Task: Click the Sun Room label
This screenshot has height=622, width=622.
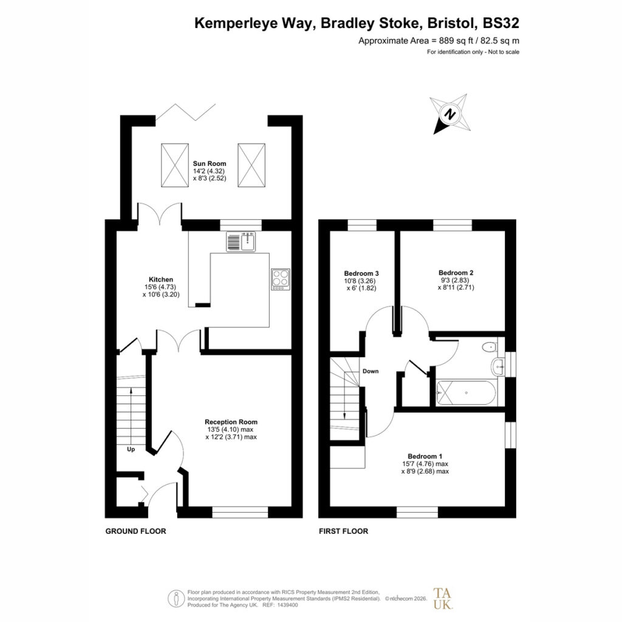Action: pyautogui.click(x=210, y=163)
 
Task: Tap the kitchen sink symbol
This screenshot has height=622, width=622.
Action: pyautogui.click(x=241, y=242)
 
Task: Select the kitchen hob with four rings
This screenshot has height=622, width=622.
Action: pyautogui.click(x=281, y=279)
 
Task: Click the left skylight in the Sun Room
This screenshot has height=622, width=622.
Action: pyautogui.click(x=174, y=165)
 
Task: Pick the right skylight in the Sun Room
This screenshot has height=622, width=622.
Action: pyautogui.click(x=251, y=165)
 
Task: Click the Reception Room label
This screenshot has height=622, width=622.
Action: pyautogui.click(x=231, y=422)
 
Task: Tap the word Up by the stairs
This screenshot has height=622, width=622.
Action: pyautogui.click(x=131, y=449)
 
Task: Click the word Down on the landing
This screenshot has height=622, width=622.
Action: pyautogui.click(x=371, y=371)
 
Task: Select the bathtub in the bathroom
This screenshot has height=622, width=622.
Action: pyautogui.click(x=466, y=393)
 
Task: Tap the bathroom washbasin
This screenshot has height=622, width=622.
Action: pyautogui.click(x=497, y=367)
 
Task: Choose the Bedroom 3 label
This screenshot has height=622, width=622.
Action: pyautogui.click(x=361, y=273)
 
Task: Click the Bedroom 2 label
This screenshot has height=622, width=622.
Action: pyautogui.click(x=456, y=273)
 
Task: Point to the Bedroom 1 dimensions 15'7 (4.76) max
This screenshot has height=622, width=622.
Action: pyautogui.click(x=425, y=463)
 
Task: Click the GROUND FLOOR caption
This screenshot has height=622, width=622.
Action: pyautogui.click(x=135, y=531)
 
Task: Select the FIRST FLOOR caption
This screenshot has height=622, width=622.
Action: pyautogui.click(x=344, y=531)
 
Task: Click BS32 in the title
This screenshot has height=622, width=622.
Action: pyautogui.click(x=501, y=23)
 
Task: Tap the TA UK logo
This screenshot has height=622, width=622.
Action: pyautogui.click(x=443, y=598)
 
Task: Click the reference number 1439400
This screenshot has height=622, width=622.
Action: pyautogui.click(x=289, y=605)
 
